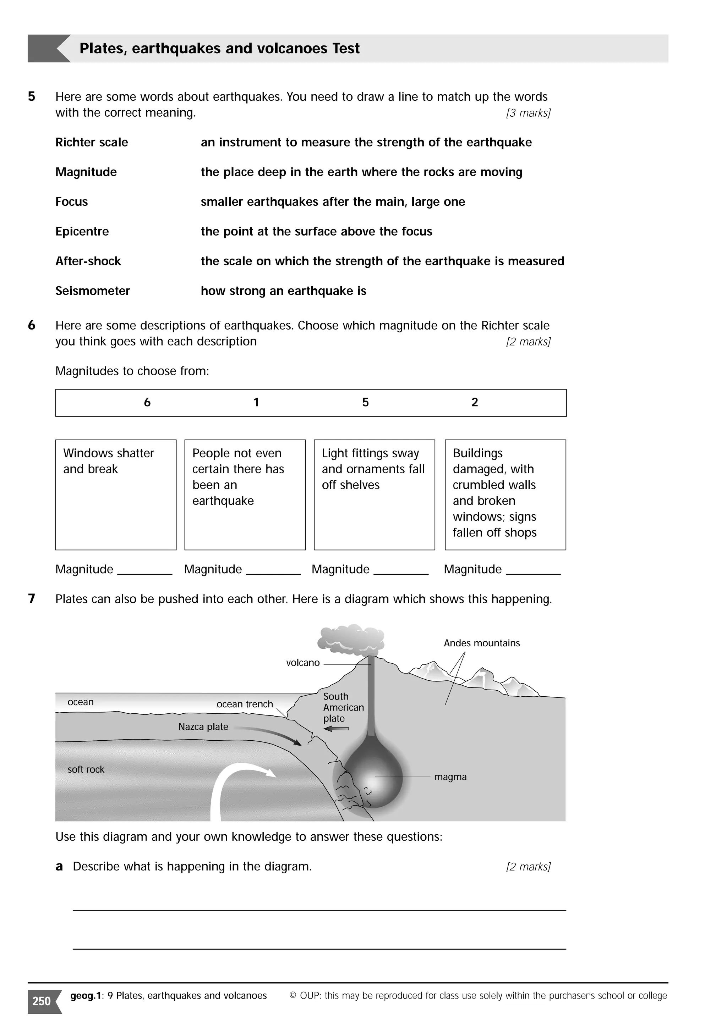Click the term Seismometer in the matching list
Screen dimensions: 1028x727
(92, 291)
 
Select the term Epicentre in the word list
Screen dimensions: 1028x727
(82, 232)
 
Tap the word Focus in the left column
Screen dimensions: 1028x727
(71, 202)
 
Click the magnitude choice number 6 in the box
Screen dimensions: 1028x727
(147, 403)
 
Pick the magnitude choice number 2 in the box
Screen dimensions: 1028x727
(474, 403)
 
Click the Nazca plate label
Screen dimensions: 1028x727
(203, 727)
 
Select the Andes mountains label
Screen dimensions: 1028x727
(482, 643)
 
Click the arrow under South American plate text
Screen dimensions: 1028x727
(336, 729)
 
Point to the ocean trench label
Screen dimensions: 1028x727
(245, 704)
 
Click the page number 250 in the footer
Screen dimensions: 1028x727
(42, 1001)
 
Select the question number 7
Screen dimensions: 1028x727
(31, 599)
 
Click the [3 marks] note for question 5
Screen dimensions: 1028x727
(528, 113)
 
